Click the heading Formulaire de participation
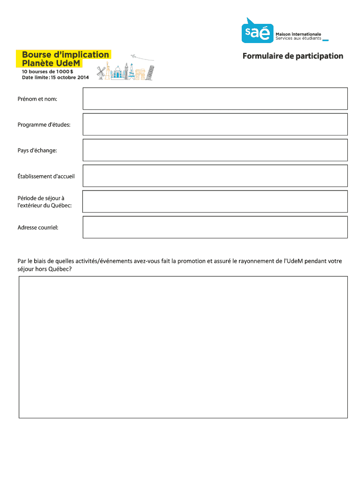pyautogui.click(x=293, y=56)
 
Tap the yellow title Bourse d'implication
pyautogui.click(x=65, y=55)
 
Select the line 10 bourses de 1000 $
pyautogui.click(x=47, y=72)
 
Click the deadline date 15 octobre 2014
pyautogui.click(x=70, y=78)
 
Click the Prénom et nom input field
pyautogui.click(x=215, y=99)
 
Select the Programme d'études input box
pyautogui.click(x=215, y=124)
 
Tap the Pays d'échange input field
pyautogui.click(x=215, y=150)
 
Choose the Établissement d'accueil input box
pyautogui.click(x=215, y=176)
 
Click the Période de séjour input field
pyautogui.click(x=215, y=202)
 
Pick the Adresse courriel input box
pyautogui.click(x=215, y=227)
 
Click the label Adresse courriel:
pyautogui.click(x=38, y=228)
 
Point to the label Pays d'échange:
pyautogui.click(x=37, y=151)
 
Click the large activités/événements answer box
pyautogui.click(x=183, y=347)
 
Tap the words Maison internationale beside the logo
pyautogui.click(x=298, y=34)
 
